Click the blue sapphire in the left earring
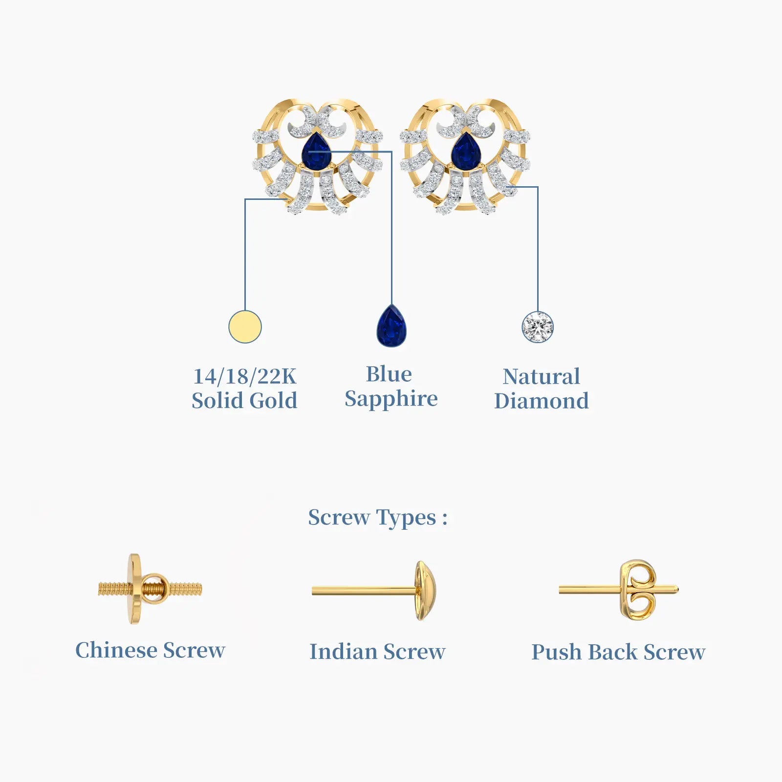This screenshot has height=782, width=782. pos(316,152)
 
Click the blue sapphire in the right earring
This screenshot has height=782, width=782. pos(466,152)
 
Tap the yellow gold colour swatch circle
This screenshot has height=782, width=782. pos(245,326)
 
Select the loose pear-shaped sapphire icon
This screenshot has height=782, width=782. pos(391,326)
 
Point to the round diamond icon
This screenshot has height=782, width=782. pos(538,327)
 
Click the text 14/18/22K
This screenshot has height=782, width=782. pos(245,376)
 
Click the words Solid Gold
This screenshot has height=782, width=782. pos(244,401)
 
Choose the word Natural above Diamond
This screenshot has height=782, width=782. pos(542,376)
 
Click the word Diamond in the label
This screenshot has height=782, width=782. pos(542,401)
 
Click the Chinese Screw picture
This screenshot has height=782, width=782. pos(150,589)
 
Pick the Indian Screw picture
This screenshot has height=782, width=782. pos(374,591)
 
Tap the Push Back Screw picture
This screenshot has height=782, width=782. pos(619,590)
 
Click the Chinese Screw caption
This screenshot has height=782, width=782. pos(150,650)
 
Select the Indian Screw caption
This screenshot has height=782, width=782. pos(377,652)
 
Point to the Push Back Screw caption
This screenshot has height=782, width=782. pos(618,652)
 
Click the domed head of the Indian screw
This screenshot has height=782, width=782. pos(425,591)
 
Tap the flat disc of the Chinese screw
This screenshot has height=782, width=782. pos(135,589)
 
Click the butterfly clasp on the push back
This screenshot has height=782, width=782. pos(637,590)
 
